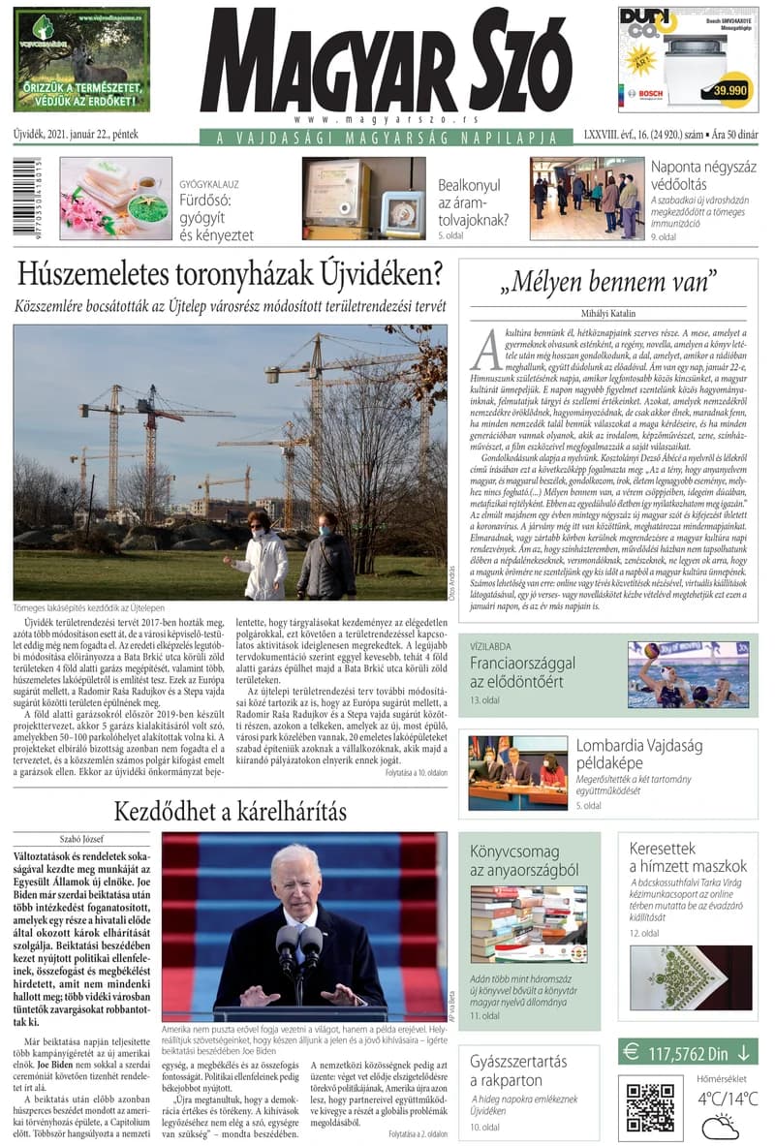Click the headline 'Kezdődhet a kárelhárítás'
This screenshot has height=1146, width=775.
click(230, 810)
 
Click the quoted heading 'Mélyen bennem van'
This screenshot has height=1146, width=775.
click(607, 283)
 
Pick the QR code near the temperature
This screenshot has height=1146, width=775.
click(649, 1100)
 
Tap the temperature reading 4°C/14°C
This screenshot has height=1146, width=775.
click(720, 1099)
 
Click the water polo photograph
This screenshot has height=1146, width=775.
click(688, 673)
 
